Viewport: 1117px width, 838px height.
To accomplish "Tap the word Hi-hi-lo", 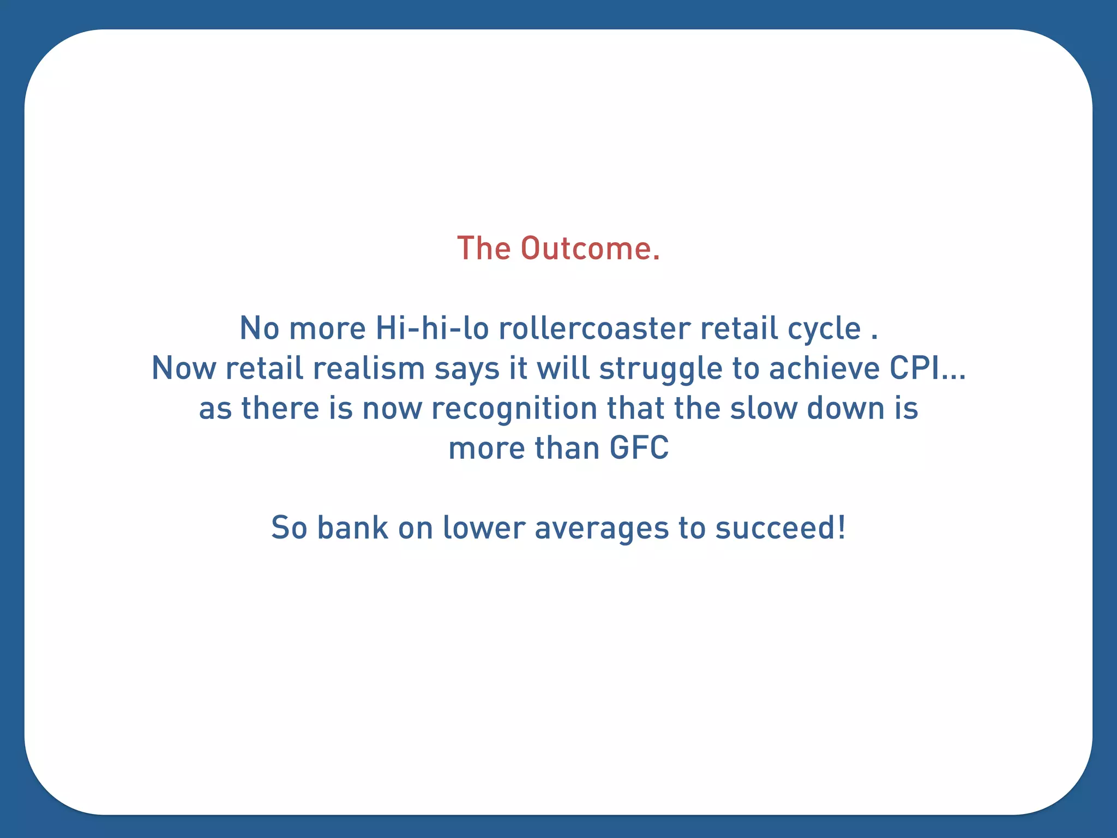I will (432, 328).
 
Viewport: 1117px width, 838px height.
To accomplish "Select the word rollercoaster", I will (594, 328).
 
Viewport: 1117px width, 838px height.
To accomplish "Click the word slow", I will (763, 408).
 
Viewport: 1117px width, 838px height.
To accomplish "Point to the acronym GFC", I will (639, 448).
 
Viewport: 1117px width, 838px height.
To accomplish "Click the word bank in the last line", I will (352, 528).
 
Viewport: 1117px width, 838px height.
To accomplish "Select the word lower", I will (484, 528).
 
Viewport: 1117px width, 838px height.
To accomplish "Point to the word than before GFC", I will (567, 448).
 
